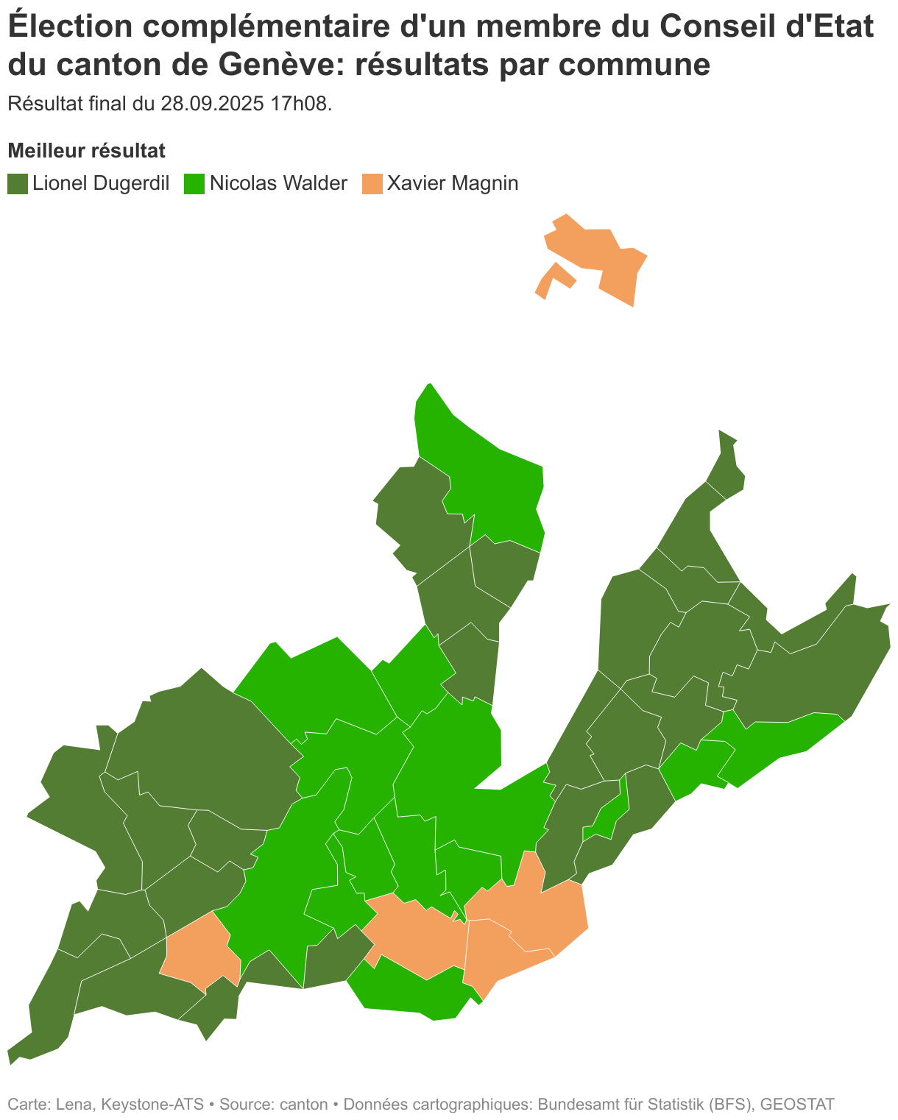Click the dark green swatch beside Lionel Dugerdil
pyautogui.click(x=18, y=183)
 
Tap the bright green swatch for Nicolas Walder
pyautogui.click(x=194, y=183)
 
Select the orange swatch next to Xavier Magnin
pyautogui.click(x=372, y=183)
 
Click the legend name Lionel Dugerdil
pyautogui.click(x=101, y=183)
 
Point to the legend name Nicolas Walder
pyautogui.click(x=278, y=183)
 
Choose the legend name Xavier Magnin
pyautogui.click(x=453, y=183)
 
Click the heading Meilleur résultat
pyautogui.click(x=86, y=151)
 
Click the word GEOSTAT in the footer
pyautogui.click(x=797, y=1104)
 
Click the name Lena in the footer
pyautogui.click(x=74, y=1104)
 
